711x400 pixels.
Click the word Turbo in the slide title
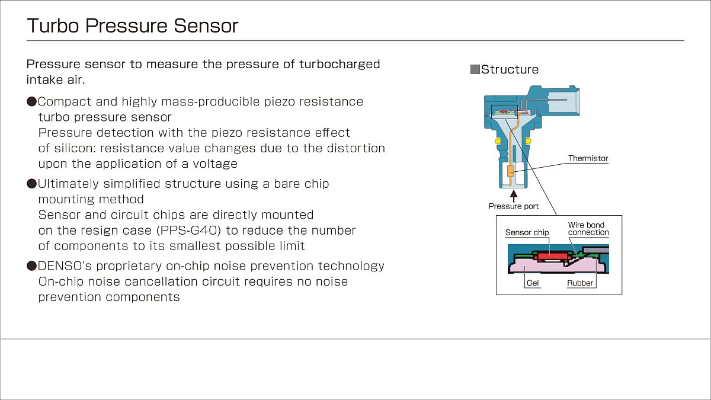tap(53, 25)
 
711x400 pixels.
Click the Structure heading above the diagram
tap(510, 69)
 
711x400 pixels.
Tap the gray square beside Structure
tap(475, 69)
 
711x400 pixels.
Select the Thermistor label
tap(588, 158)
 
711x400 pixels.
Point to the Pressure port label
tap(514, 206)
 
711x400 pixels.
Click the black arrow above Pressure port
tap(514, 196)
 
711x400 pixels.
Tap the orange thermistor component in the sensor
tap(510, 171)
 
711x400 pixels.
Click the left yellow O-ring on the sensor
tap(498, 141)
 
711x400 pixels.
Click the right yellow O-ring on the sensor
tap(528, 141)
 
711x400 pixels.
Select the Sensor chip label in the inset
tap(527, 233)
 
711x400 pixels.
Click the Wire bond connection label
tap(588, 229)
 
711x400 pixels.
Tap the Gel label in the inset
tap(533, 283)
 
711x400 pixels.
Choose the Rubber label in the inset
tap(580, 283)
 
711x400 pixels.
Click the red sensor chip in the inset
tap(552, 256)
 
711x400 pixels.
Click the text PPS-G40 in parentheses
tap(188, 231)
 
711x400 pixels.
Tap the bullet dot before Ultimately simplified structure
tap(32, 184)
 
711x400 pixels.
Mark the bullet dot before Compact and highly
tap(32, 101)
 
